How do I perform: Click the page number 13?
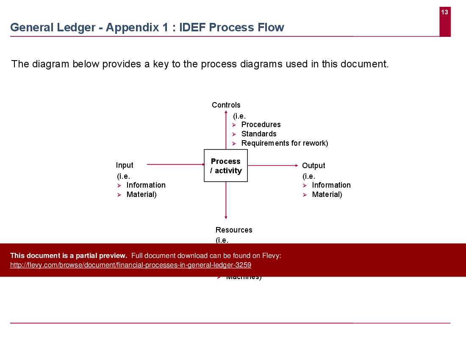click(444, 12)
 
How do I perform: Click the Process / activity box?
click(226, 166)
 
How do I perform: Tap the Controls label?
click(226, 105)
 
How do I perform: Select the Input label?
click(125, 165)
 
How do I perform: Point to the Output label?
click(313, 166)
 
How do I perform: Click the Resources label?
click(234, 230)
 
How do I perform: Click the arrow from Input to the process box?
click(175, 164)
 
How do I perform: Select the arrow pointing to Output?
click(273, 166)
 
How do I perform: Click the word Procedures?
click(261, 125)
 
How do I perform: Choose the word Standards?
click(259, 134)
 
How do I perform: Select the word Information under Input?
click(146, 185)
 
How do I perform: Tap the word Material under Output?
click(327, 194)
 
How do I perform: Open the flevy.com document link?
click(130, 265)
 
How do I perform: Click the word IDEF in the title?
click(193, 28)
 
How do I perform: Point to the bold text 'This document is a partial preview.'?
click(69, 255)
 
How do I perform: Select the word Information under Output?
click(331, 185)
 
